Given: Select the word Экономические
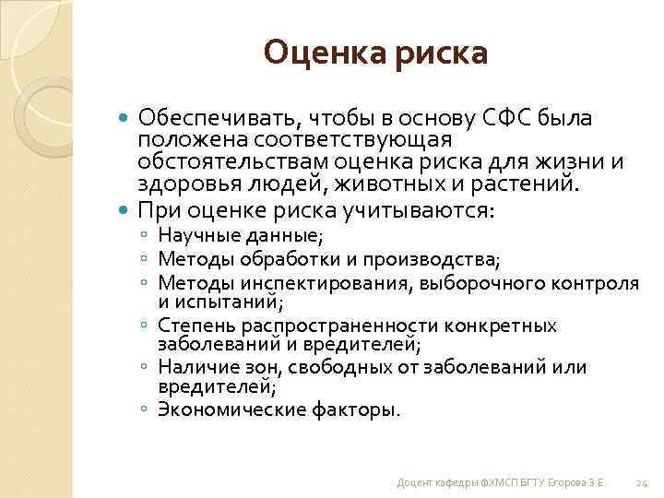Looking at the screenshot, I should click(219, 409).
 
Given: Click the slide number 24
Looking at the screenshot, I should click(644, 483).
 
